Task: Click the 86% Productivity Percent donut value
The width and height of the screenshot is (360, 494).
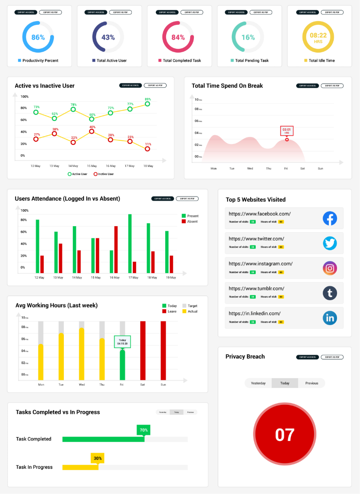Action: coord(38,38)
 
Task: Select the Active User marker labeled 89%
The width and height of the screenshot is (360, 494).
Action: coord(147,104)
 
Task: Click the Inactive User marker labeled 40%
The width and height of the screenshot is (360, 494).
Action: coord(92,131)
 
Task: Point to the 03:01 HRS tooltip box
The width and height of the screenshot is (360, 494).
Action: coord(287,131)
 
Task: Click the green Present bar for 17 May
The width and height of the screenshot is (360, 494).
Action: coord(130,243)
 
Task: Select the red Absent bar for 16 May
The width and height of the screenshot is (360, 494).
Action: coord(116,249)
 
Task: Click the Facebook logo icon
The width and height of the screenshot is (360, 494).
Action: coord(330,219)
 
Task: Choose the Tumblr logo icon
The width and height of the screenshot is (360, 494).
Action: coord(330,293)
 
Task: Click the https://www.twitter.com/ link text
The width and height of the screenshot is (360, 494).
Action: coord(256,238)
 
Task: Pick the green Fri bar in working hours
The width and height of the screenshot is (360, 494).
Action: coord(123,365)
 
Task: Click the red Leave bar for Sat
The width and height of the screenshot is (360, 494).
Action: coord(143,350)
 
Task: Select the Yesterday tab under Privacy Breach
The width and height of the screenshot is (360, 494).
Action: coord(258,383)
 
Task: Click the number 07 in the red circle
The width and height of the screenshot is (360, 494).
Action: coord(285,435)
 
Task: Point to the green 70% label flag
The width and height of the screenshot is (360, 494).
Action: coord(144,430)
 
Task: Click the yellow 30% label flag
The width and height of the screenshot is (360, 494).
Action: coord(98,458)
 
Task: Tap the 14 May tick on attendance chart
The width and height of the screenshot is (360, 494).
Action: coord(77,278)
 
